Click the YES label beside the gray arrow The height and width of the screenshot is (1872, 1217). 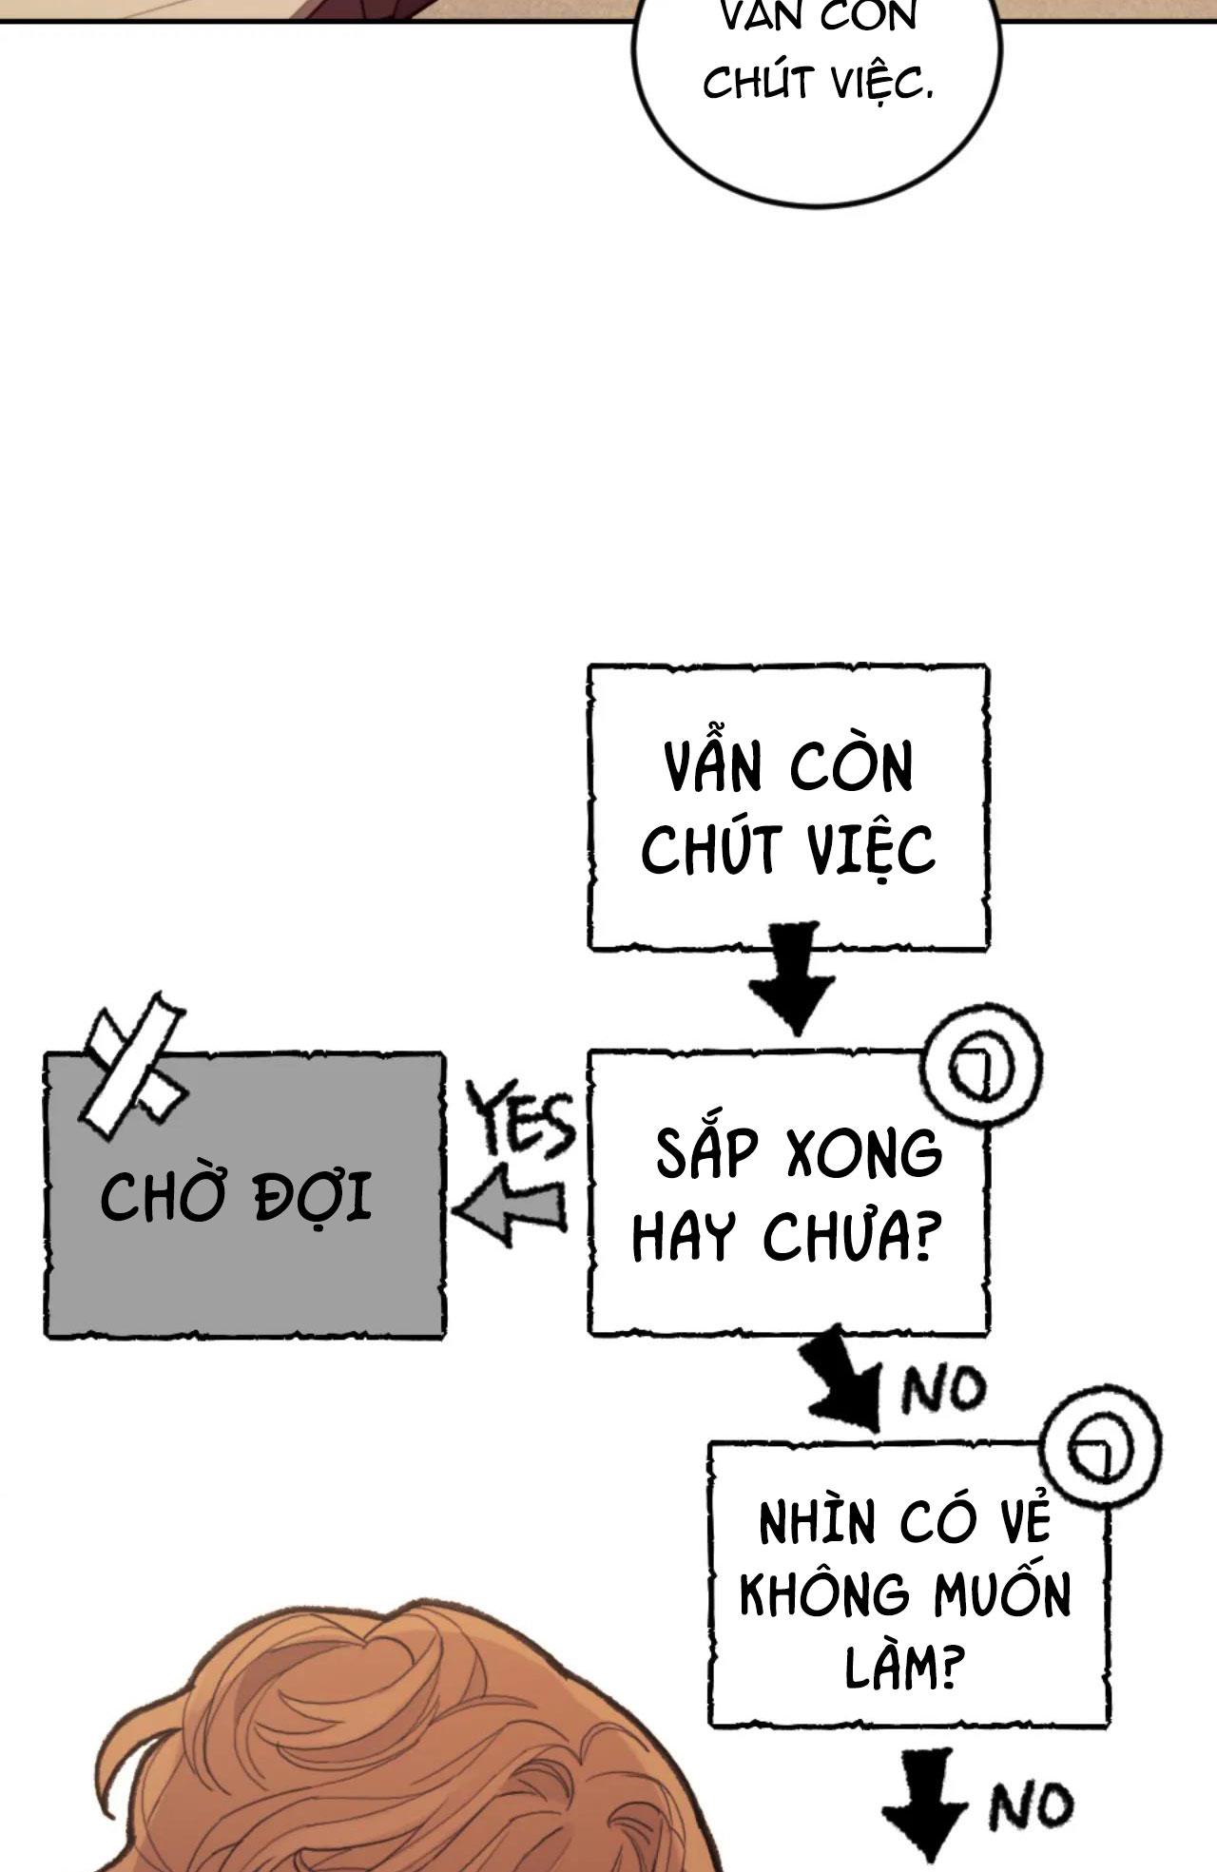(x=524, y=1123)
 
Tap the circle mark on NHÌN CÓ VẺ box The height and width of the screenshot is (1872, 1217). (x=1102, y=1449)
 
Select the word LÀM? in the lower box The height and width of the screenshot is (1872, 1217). (x=898, y=1670)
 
